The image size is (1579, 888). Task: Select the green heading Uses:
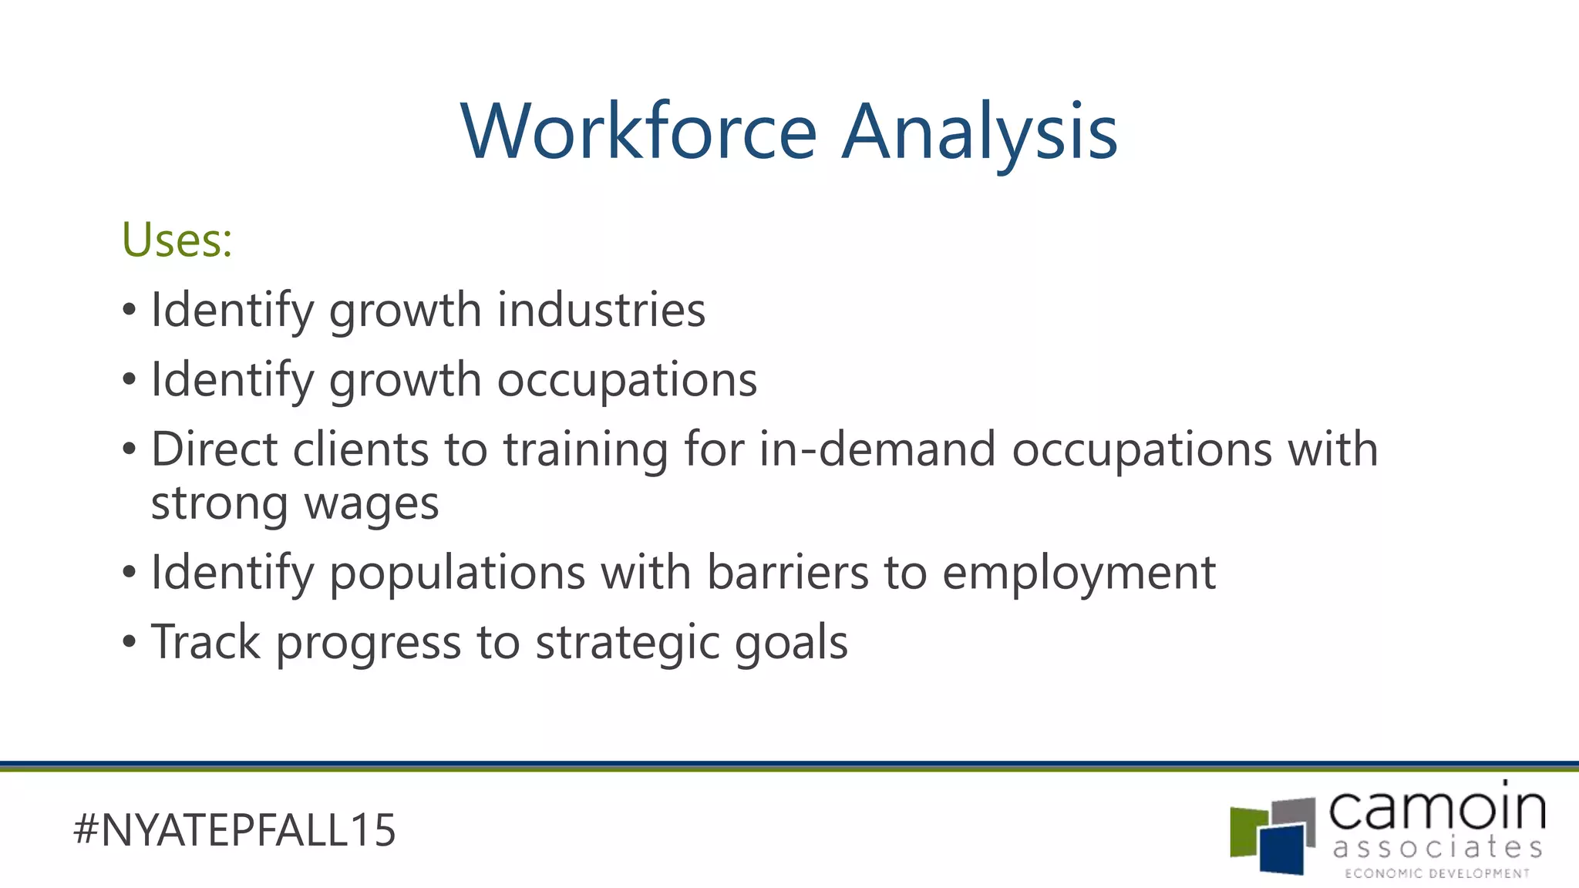(x=177, y=240)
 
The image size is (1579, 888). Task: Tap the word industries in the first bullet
(x=601, y=310)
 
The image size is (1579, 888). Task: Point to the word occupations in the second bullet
(x=627, y=380)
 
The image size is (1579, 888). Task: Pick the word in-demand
(x=877, y=449)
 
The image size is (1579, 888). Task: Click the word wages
(x=372, y=505)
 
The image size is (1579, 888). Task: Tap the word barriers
(x=788, y=573)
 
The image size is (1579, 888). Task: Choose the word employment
(x=1079, y=574)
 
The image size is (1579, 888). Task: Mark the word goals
(x=791, y=644)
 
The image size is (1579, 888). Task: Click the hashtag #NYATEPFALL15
(x=234, y=830)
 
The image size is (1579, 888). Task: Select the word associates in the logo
(x=1437, y=848)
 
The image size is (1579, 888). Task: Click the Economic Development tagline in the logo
(x=1437, y=873)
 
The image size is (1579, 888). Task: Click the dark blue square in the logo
(x=1284, y=848)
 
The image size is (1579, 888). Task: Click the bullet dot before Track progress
(x=130, y=641)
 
